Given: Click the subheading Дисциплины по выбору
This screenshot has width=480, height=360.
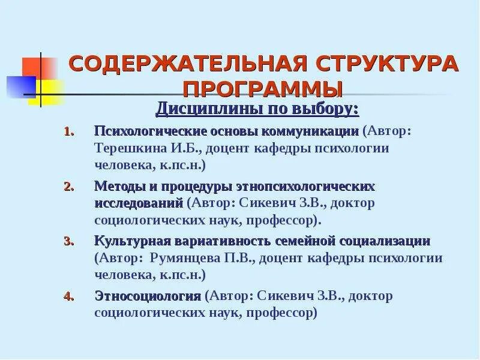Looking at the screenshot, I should (257, 109).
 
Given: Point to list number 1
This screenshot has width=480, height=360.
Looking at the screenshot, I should (68, 131).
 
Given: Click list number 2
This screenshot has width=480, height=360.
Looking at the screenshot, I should (68, 187).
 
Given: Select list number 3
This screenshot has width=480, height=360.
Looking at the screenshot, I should (68, 242).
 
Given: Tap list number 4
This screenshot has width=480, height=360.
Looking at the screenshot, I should (68, 296).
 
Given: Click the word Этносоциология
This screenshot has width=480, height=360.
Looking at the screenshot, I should (147, 296).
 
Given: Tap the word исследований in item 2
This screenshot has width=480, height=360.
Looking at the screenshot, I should (139, 203).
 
